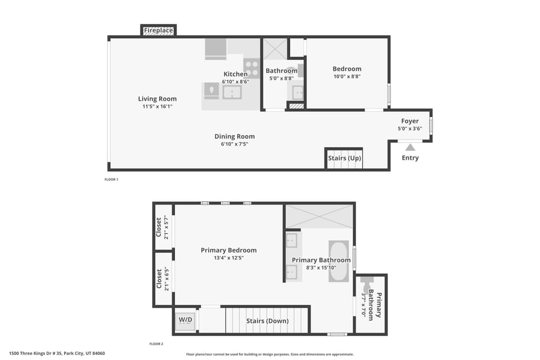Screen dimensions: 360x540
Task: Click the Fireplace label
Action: tap(158, 30)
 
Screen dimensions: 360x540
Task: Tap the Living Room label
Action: tap(157, 99)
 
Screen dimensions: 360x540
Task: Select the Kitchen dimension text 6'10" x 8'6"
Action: tap(235, 82)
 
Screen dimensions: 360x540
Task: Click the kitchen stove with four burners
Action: tap(251, 69)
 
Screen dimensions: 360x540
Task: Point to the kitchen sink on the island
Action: tap(232, 92)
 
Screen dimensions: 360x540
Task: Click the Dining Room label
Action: tap(235, 136)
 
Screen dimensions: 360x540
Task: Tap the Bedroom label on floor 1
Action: tap(347, 69)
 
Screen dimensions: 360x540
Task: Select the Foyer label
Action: tap(409, 121)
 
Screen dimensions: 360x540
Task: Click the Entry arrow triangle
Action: tap(410, 147)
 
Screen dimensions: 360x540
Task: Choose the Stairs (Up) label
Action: tap(344, 159)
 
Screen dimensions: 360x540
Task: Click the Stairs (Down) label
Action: tap(267, 321)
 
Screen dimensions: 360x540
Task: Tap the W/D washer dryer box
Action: tap(185, 320)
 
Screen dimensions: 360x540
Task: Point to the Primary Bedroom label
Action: tap(228, 250)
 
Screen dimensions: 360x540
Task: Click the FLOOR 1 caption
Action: tap(111, 179)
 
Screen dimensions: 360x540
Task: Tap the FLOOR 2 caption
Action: tap(156, 344)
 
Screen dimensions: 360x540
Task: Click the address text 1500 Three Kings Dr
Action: tap(57, 354)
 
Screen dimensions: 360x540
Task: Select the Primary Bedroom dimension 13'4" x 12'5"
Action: tap(228, 258)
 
